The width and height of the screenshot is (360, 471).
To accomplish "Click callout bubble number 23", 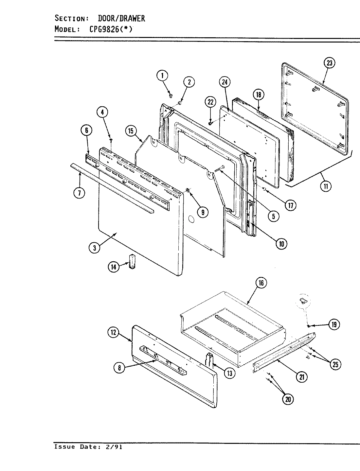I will [x=329, y=63].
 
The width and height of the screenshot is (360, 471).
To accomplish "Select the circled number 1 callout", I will [x=162, y=76].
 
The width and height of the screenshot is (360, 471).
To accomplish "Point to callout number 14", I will [x=113, y=267].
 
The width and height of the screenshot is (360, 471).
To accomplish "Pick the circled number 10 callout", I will [x=281, y=243].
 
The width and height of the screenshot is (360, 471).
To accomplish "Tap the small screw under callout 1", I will [x=171, y=95].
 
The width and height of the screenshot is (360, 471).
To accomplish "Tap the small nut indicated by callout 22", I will [x=210, y=124].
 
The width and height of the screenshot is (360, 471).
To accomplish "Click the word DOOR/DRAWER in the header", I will [x=121, y=18].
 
